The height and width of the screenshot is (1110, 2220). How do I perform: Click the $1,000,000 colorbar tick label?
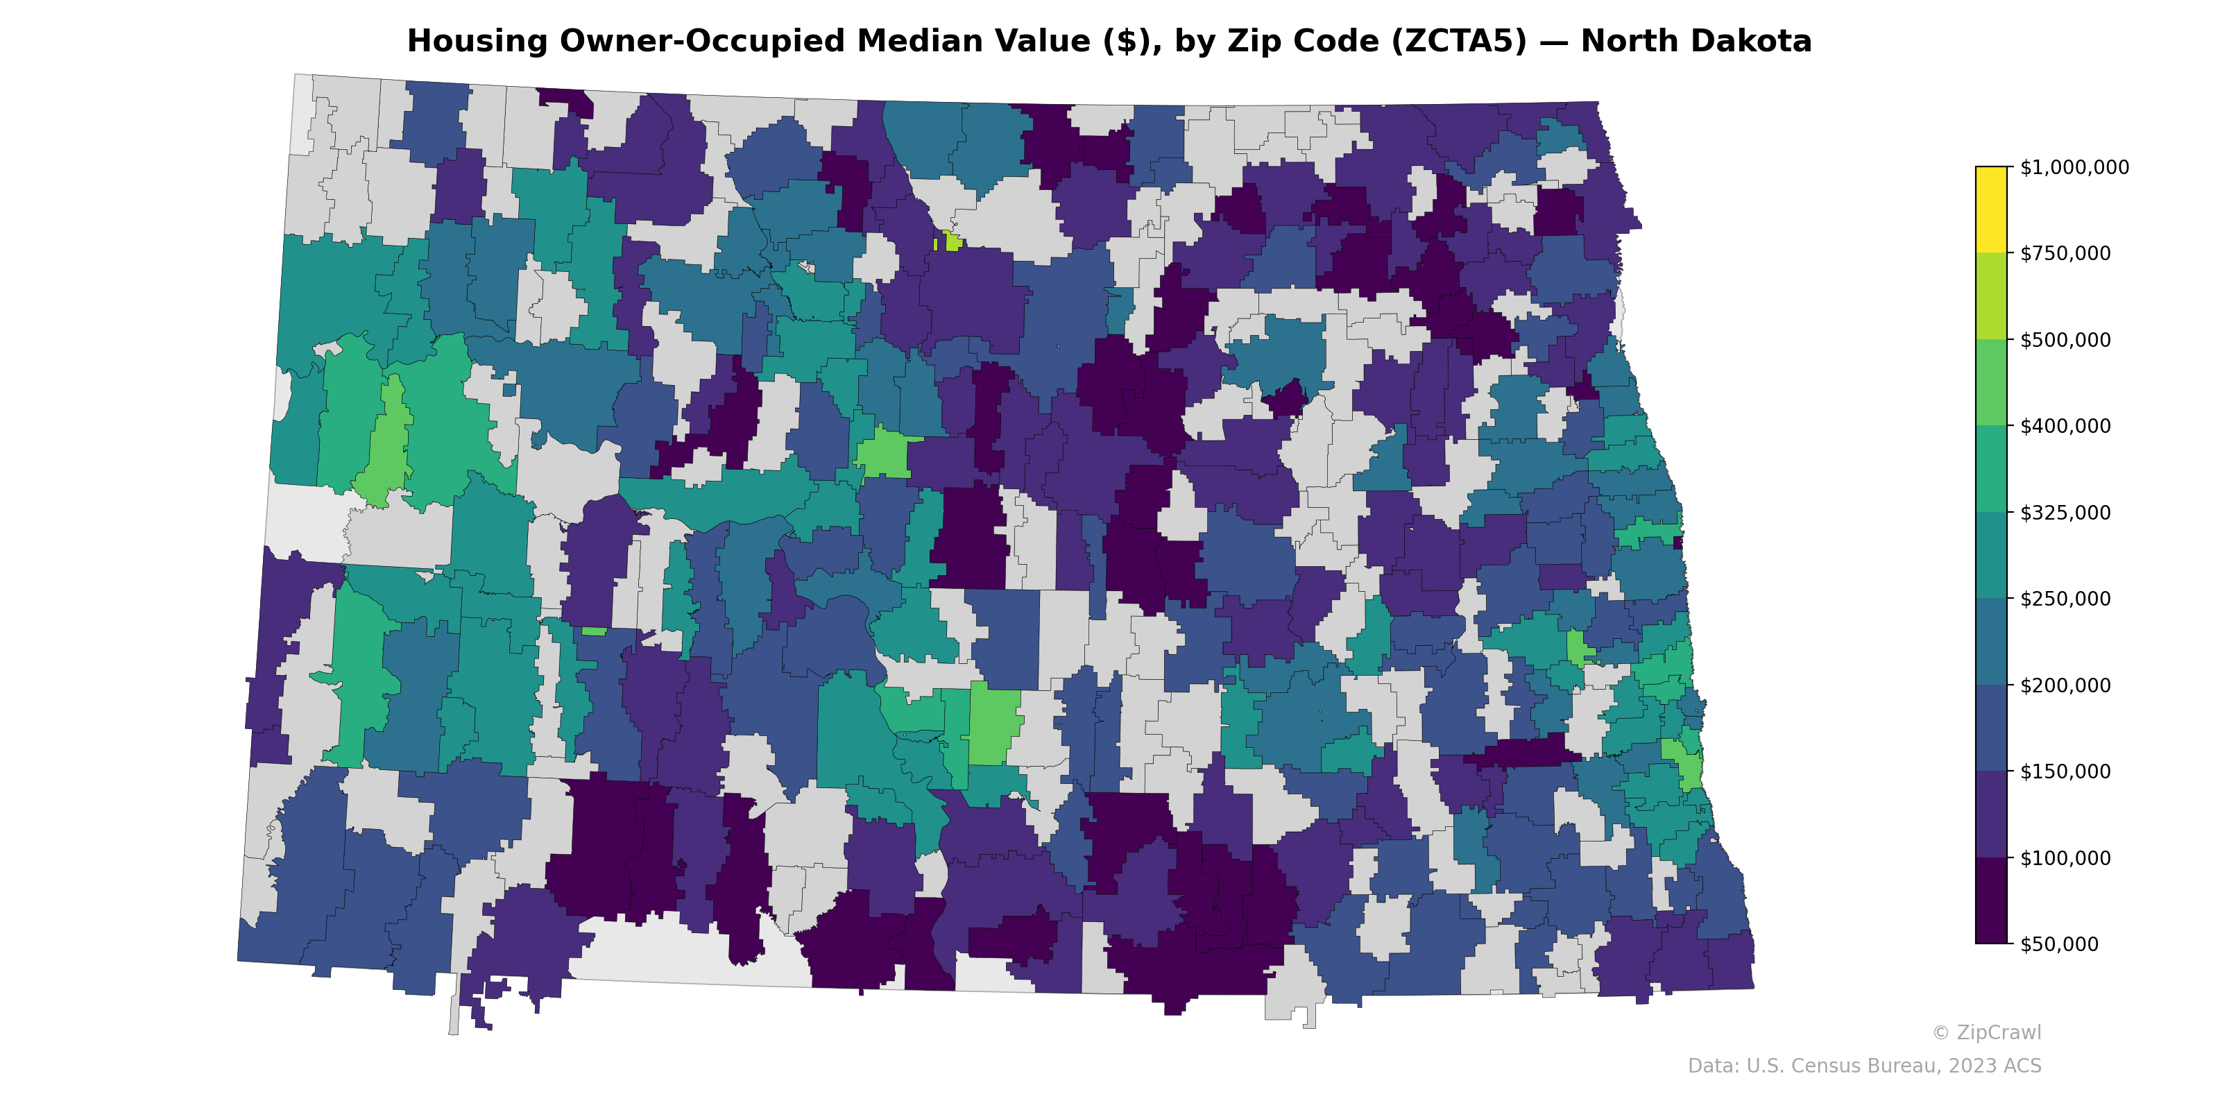point(2074,167)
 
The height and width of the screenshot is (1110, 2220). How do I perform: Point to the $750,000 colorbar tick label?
point(2065,253)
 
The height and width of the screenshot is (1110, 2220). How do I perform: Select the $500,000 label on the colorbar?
point(2065,339)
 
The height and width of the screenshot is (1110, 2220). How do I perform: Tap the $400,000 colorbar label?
point(2065,426)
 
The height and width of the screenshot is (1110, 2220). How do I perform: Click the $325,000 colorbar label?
point(2065,513)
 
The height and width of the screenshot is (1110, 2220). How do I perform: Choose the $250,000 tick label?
point(2065,599)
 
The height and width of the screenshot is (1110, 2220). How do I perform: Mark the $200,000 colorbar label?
point(2065,685)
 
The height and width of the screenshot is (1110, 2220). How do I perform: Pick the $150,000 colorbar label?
point(2065,771)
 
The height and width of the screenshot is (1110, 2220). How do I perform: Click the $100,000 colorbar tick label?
point(2065,857)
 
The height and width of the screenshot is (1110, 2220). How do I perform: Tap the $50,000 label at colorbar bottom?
point(2060,943)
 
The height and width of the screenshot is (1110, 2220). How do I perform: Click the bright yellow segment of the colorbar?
point(1991,210)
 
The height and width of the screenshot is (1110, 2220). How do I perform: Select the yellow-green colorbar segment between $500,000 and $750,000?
point(1991,296)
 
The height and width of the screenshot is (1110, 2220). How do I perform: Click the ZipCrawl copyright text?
point(1986,1032)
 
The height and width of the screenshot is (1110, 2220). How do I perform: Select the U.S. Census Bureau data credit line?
point(1864,1066)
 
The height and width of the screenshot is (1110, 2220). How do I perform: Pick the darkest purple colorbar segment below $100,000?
point(1991,900)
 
